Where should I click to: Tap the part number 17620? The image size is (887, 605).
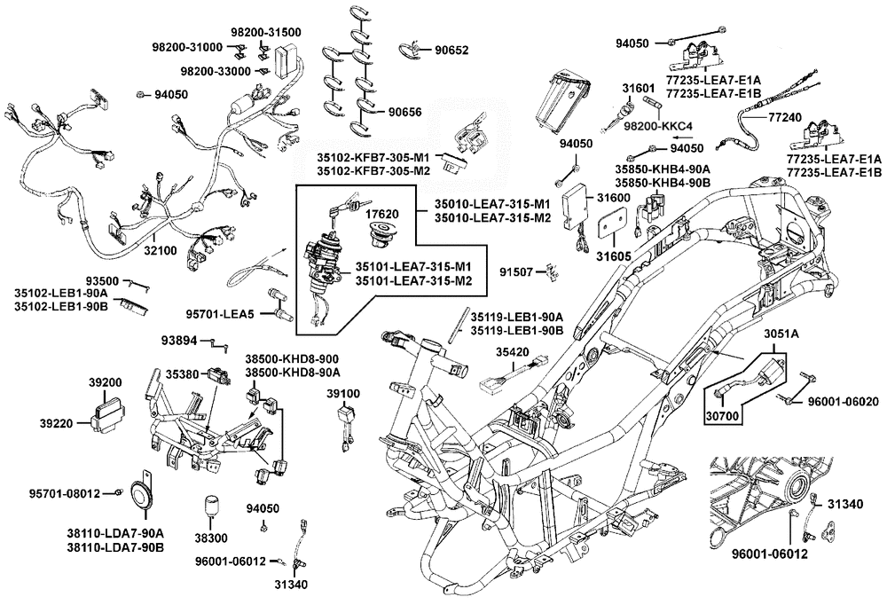pos(383,213)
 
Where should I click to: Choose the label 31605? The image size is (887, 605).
pos(613,255)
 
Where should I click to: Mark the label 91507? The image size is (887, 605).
pos(519,271)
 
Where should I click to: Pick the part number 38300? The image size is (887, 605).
pos(212,538)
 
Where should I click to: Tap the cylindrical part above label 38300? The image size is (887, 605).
pos(212,508)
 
